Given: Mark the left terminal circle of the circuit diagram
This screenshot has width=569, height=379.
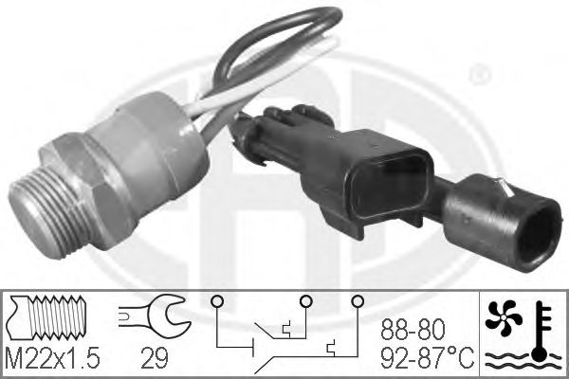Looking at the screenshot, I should point(218,302).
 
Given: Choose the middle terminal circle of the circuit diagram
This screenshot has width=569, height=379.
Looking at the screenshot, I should point(306,302).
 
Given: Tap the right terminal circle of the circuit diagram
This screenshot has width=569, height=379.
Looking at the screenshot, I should point(358,302).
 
